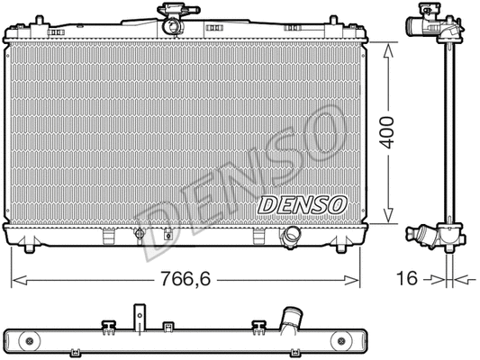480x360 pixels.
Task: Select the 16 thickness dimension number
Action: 408,280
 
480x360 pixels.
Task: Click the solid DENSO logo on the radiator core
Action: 303,204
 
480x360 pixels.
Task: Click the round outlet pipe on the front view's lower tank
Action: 291,237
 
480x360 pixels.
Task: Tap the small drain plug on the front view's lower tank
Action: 140,235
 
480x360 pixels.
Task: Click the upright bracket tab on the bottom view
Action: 140,319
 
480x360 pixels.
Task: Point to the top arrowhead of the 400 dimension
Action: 389,48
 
